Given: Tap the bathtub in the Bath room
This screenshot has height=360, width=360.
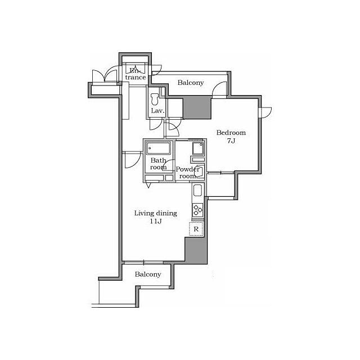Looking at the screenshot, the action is (159, 148).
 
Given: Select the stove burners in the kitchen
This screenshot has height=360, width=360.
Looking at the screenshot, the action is (197, 210).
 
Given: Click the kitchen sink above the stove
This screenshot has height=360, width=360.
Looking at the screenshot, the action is (197, 191).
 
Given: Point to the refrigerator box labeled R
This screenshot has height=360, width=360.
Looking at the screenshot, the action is (196, 229).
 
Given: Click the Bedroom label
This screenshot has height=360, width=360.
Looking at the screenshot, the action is (231, 133).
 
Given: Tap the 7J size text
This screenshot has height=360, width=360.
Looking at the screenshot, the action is (231, 141).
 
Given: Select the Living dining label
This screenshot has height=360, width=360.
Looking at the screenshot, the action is (156, 213).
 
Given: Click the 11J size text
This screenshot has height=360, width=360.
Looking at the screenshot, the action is (156, 221).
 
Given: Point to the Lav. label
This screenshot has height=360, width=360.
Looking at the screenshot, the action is (157, 111).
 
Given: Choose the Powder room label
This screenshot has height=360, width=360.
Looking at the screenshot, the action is (187, 173).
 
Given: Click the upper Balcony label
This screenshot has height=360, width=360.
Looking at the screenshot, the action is (191, 83).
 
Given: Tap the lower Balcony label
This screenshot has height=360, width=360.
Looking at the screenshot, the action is (148, 274).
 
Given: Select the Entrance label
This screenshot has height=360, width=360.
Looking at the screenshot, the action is (136, 74).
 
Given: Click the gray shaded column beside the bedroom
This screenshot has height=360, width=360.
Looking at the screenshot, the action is (197, 107).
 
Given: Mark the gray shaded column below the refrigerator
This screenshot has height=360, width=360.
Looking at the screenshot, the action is (196, 250).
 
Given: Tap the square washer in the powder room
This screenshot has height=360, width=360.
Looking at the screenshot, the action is (198, 148).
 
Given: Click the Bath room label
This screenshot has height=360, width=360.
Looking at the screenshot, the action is (159, 164).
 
